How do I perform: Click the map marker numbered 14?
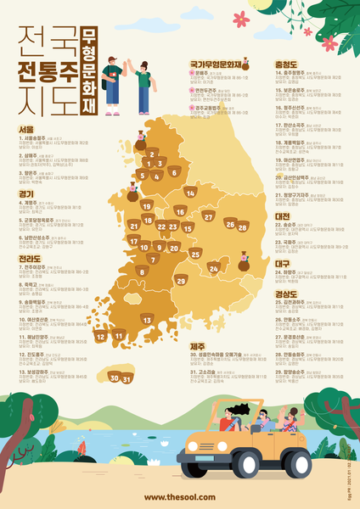pyautogui.click(x=190, y=193)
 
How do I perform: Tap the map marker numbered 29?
pyautogui.click(x=180, y=281)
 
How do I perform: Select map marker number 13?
pyautogui.click(x=147, y=320)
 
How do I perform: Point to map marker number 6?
pyautogui.click(x=173, y=172)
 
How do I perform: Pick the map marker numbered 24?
pyautogui.click(x=213, y=268)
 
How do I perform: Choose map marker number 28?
pyautogui.click(x=242, y=227)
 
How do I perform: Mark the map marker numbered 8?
pyautogui.click(x=142, y=271)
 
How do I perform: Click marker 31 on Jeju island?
pyautogui.click(x=127, y=379)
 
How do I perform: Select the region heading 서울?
pyautogui.click(x=26, y=130)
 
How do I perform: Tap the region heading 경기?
pyautogui.click(x=26, y=193)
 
